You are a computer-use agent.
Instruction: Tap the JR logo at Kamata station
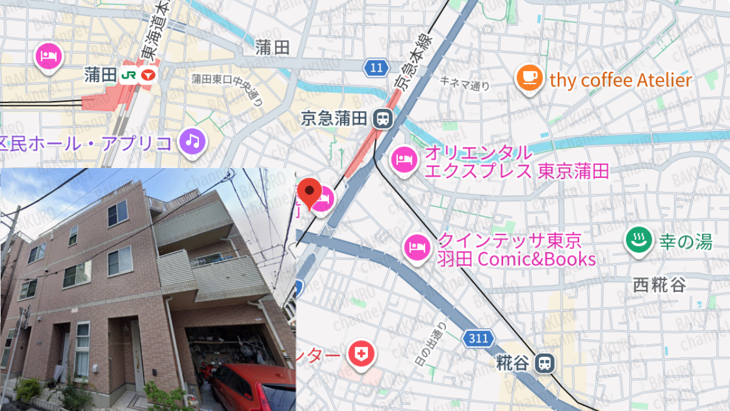pos(128,76)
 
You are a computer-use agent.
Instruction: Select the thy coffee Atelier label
pos(620,80)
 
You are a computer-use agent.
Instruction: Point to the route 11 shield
pos(377,68)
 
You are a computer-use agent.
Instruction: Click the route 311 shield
pos(478,339)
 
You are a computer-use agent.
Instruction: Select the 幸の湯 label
pos(686,242)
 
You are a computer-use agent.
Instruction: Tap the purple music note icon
pos(193,142)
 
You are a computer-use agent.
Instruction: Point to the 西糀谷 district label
pos(659,284)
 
